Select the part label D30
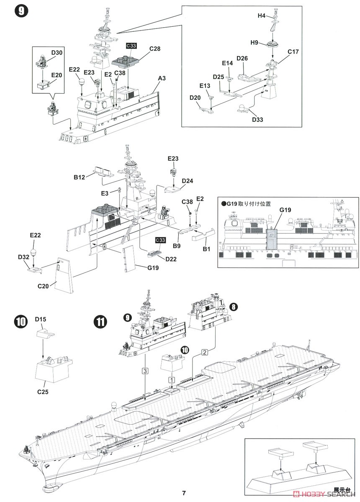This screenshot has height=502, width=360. click(57, 53)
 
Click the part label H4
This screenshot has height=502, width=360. click(261, 15)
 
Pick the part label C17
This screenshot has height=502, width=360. click(293, 52)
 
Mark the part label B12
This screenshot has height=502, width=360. click(80, 177)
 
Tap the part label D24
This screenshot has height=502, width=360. click(188, 181)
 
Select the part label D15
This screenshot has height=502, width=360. click(41, 320)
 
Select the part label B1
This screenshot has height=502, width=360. click(206, 248)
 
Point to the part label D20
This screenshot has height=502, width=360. click(195, 97)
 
